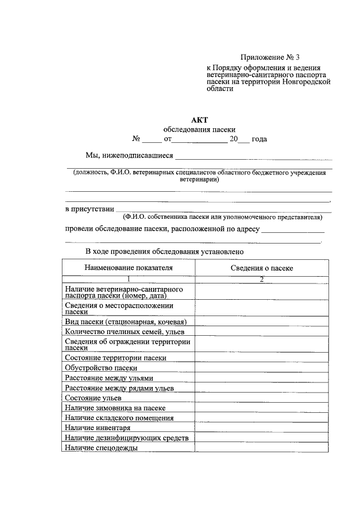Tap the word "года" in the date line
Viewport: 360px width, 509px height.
(259, 139)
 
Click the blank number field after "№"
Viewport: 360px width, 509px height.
(151, 139)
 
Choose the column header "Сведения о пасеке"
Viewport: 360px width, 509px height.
(262, 268)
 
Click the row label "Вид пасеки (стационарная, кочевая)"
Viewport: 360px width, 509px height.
(125, 322)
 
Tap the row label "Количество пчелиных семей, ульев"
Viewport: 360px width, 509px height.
(121, 332)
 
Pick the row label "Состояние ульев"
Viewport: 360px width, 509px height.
(93, 398)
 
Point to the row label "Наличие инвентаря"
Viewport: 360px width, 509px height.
(97, 428)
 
